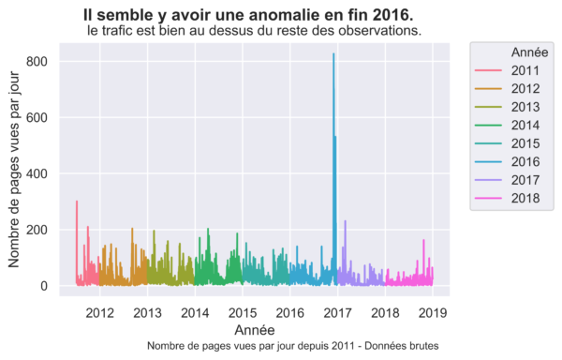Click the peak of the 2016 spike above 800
tap(333, 53)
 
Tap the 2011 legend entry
tap(507, 70)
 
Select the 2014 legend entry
tap(507, 125)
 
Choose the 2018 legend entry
tap(507, 198)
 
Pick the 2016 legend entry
tap(507, 161)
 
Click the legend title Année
tap(530, 52)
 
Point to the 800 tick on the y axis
tap(37, 62)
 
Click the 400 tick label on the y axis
tap(37, 173)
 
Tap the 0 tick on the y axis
tap(44, 286)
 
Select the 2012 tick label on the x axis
tap(99, 313)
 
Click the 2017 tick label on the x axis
tap(337, 313)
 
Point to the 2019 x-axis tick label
tap(433, 313)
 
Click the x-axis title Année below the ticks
tap(255, 330)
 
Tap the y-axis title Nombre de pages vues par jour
tap(14, 170)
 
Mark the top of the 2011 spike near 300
tap(77, 202)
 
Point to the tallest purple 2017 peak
tap(345, 221)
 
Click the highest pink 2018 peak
tap(423, 240)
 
